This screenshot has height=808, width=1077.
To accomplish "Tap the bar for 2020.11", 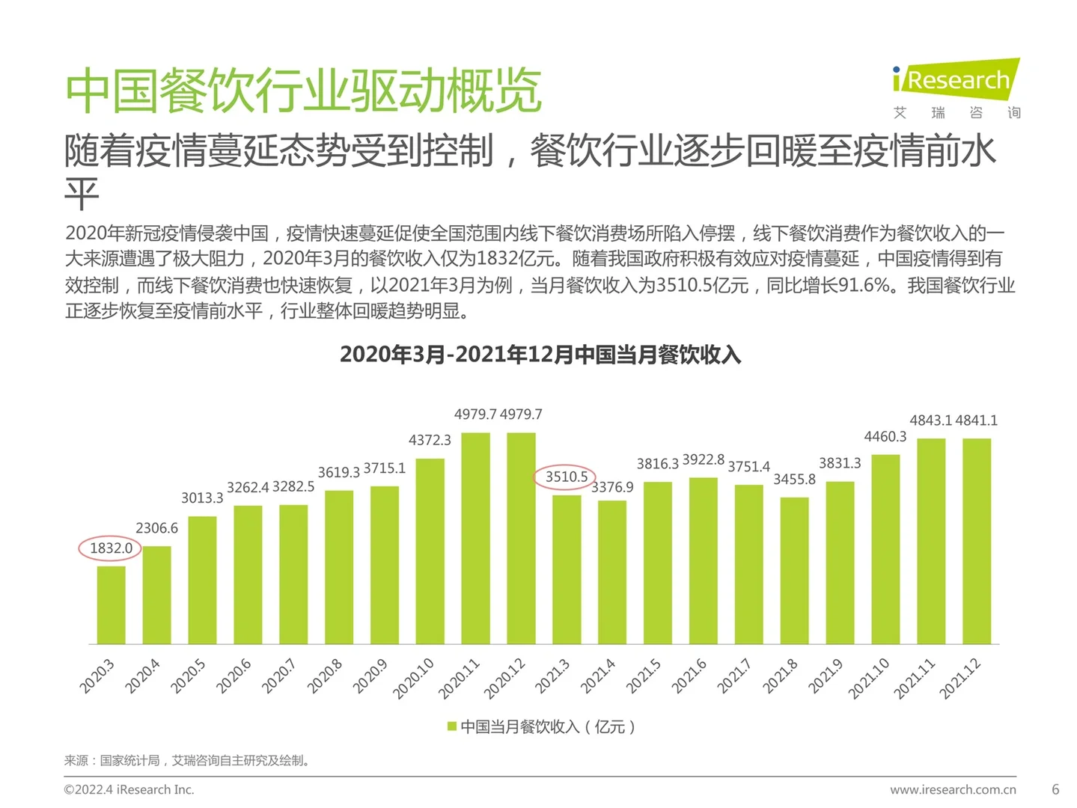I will click(x=475, y=539).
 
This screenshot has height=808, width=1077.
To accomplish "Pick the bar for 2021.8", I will click(x=794, y=570).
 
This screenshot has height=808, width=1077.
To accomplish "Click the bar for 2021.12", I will click(x=976, y=541).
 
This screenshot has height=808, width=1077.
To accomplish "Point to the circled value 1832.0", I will click(x=111, y=548).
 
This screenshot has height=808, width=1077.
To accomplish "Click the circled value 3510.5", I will click(x=566, y=477).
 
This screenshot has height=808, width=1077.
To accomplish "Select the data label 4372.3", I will click(x=430, y=440).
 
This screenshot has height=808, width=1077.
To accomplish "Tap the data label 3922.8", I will click(x=703, y=459).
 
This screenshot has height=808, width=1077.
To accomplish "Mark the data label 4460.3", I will click(x=885, y=436).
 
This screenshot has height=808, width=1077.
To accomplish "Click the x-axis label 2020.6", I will click(x=234, y=676).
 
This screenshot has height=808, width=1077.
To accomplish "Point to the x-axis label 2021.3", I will click(x=552, y=676).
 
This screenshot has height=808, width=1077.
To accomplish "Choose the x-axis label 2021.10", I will click(x=869, y=679).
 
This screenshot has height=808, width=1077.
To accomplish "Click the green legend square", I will click(x=452, y=726).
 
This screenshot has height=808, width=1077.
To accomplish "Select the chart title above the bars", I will click(x=540, y=354).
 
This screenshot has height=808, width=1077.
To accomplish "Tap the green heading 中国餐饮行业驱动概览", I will click(x=303, y=91).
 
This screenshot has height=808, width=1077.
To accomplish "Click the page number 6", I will click(x=1055, y=789).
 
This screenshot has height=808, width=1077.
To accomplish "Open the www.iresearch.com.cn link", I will click(x=953, y=789).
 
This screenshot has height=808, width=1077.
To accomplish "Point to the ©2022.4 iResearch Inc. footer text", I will click(x=129, y=789).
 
